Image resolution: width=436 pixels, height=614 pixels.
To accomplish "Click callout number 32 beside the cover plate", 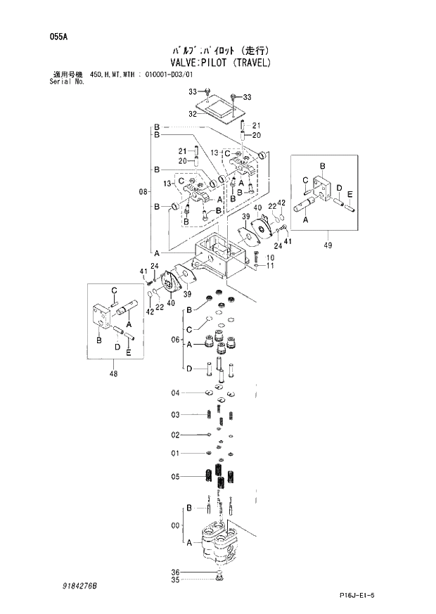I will click(193, 114).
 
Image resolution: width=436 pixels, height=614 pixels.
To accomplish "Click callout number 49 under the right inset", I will click(328, 245).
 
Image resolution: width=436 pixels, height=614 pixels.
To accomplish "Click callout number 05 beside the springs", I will click(176, 477).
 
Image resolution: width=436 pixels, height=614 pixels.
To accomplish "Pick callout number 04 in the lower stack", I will click(176, 392).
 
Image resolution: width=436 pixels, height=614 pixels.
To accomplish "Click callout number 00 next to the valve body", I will click(176, 524).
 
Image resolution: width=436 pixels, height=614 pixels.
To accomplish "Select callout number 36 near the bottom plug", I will click(176, 572).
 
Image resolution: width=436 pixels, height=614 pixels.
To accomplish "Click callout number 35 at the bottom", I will click(176, 580).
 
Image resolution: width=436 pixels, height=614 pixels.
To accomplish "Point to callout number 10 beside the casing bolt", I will click(271, 258).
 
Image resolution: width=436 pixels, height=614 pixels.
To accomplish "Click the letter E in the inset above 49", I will click(350, 193).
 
